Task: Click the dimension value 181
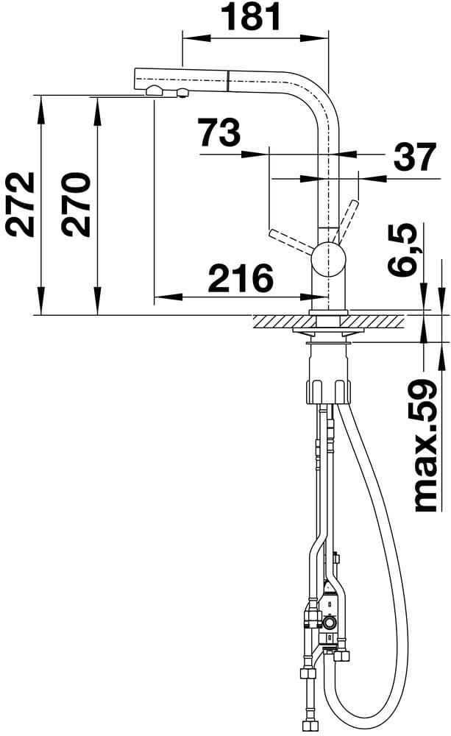252,18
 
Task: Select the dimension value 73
220,133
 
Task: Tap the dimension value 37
415,157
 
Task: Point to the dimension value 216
241,279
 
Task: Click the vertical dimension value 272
21,205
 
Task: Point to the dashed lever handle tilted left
291,241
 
